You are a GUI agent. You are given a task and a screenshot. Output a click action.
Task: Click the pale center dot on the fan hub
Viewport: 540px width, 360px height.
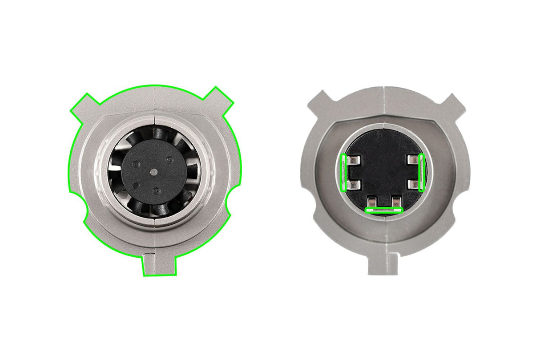[x=153, y=171]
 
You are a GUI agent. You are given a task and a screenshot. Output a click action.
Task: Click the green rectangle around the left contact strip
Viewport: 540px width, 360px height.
[x=343, y=173]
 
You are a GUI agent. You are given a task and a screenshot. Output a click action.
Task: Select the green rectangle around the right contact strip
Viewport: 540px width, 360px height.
[x=422, y=173]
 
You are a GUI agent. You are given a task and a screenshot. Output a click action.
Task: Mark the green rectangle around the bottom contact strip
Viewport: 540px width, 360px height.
[x=383, y=210]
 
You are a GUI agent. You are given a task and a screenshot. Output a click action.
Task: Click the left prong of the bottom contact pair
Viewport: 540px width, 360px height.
[x=373, y=202]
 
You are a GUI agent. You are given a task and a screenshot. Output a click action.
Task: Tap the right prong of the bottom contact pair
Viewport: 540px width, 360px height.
[x=395, y=202]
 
